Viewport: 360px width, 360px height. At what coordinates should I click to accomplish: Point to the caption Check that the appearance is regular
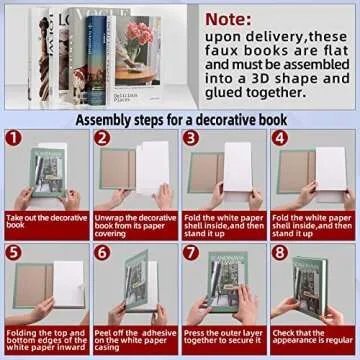coord(311,339)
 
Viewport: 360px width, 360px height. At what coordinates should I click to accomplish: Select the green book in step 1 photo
coord(46,175)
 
